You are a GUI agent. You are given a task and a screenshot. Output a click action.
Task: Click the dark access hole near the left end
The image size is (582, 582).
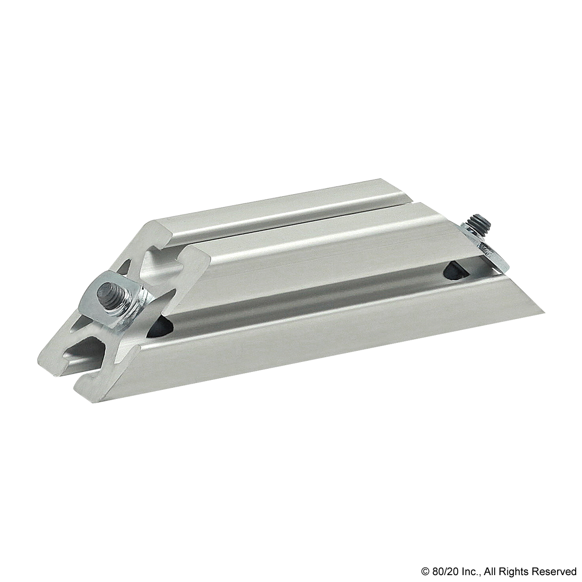tap(160, 329)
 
